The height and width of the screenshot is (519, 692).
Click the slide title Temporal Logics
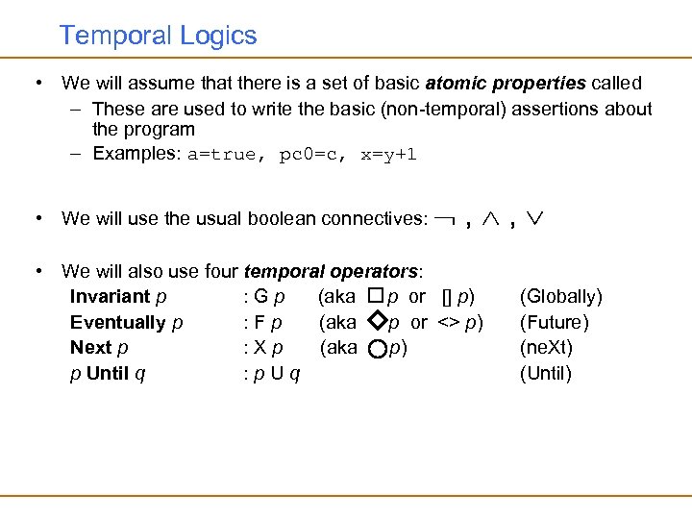[158, 37]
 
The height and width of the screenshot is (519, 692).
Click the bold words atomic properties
[508, 84]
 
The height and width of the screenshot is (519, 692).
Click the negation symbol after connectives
[444, 219]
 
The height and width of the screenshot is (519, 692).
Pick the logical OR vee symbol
[533, 218]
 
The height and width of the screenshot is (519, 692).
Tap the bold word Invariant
[110, 297]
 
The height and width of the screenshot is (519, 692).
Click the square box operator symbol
[376, 297]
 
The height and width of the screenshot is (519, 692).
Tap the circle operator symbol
[377, 349]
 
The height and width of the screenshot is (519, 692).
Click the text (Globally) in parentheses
[560, 297]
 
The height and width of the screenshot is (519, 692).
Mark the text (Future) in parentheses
[554, 323]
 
